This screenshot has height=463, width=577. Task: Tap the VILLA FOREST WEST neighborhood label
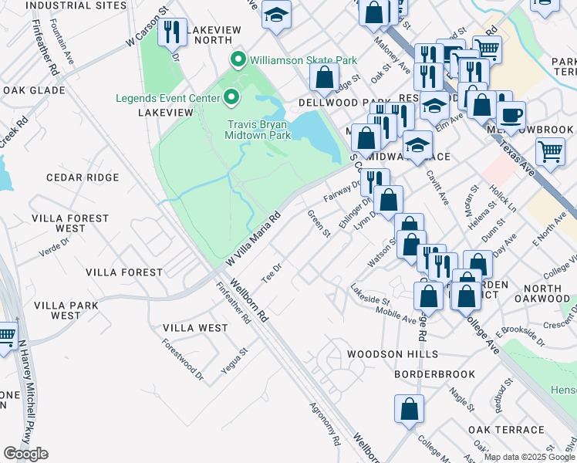pos(70,223)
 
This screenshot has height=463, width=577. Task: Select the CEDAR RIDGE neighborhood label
pos(83,177)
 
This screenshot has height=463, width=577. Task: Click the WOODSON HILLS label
pos(393,354)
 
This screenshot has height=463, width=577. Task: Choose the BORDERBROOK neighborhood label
pos(434,374)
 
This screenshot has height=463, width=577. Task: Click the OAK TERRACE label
pos(506,430)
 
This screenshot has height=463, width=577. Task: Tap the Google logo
pos(25,454)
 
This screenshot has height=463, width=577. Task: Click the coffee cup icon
pos(510,116)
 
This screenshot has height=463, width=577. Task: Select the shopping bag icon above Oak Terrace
pos(410,409)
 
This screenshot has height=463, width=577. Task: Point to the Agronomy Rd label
pos(325,424)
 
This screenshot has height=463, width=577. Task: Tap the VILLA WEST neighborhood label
pos(195,328)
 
